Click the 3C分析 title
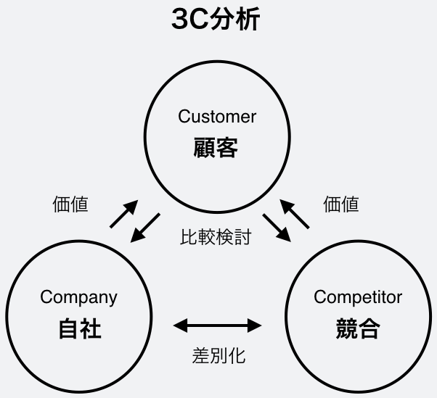(x=215, y=20)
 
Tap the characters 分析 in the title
(x=237, y=20)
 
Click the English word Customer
(x=217, y=116)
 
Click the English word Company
(x=78, y=297)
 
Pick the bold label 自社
(x=79, y=329)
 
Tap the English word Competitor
(x=357, y=297)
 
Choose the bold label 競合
(x=358, y=329)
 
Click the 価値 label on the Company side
(x=71, y=204)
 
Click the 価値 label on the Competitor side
(x=341, y=204)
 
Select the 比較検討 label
(x=216, y=237)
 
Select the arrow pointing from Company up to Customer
(x=123, y=215)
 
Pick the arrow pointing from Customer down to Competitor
(x=277, y=226)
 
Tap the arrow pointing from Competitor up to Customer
(x=295, y=215)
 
